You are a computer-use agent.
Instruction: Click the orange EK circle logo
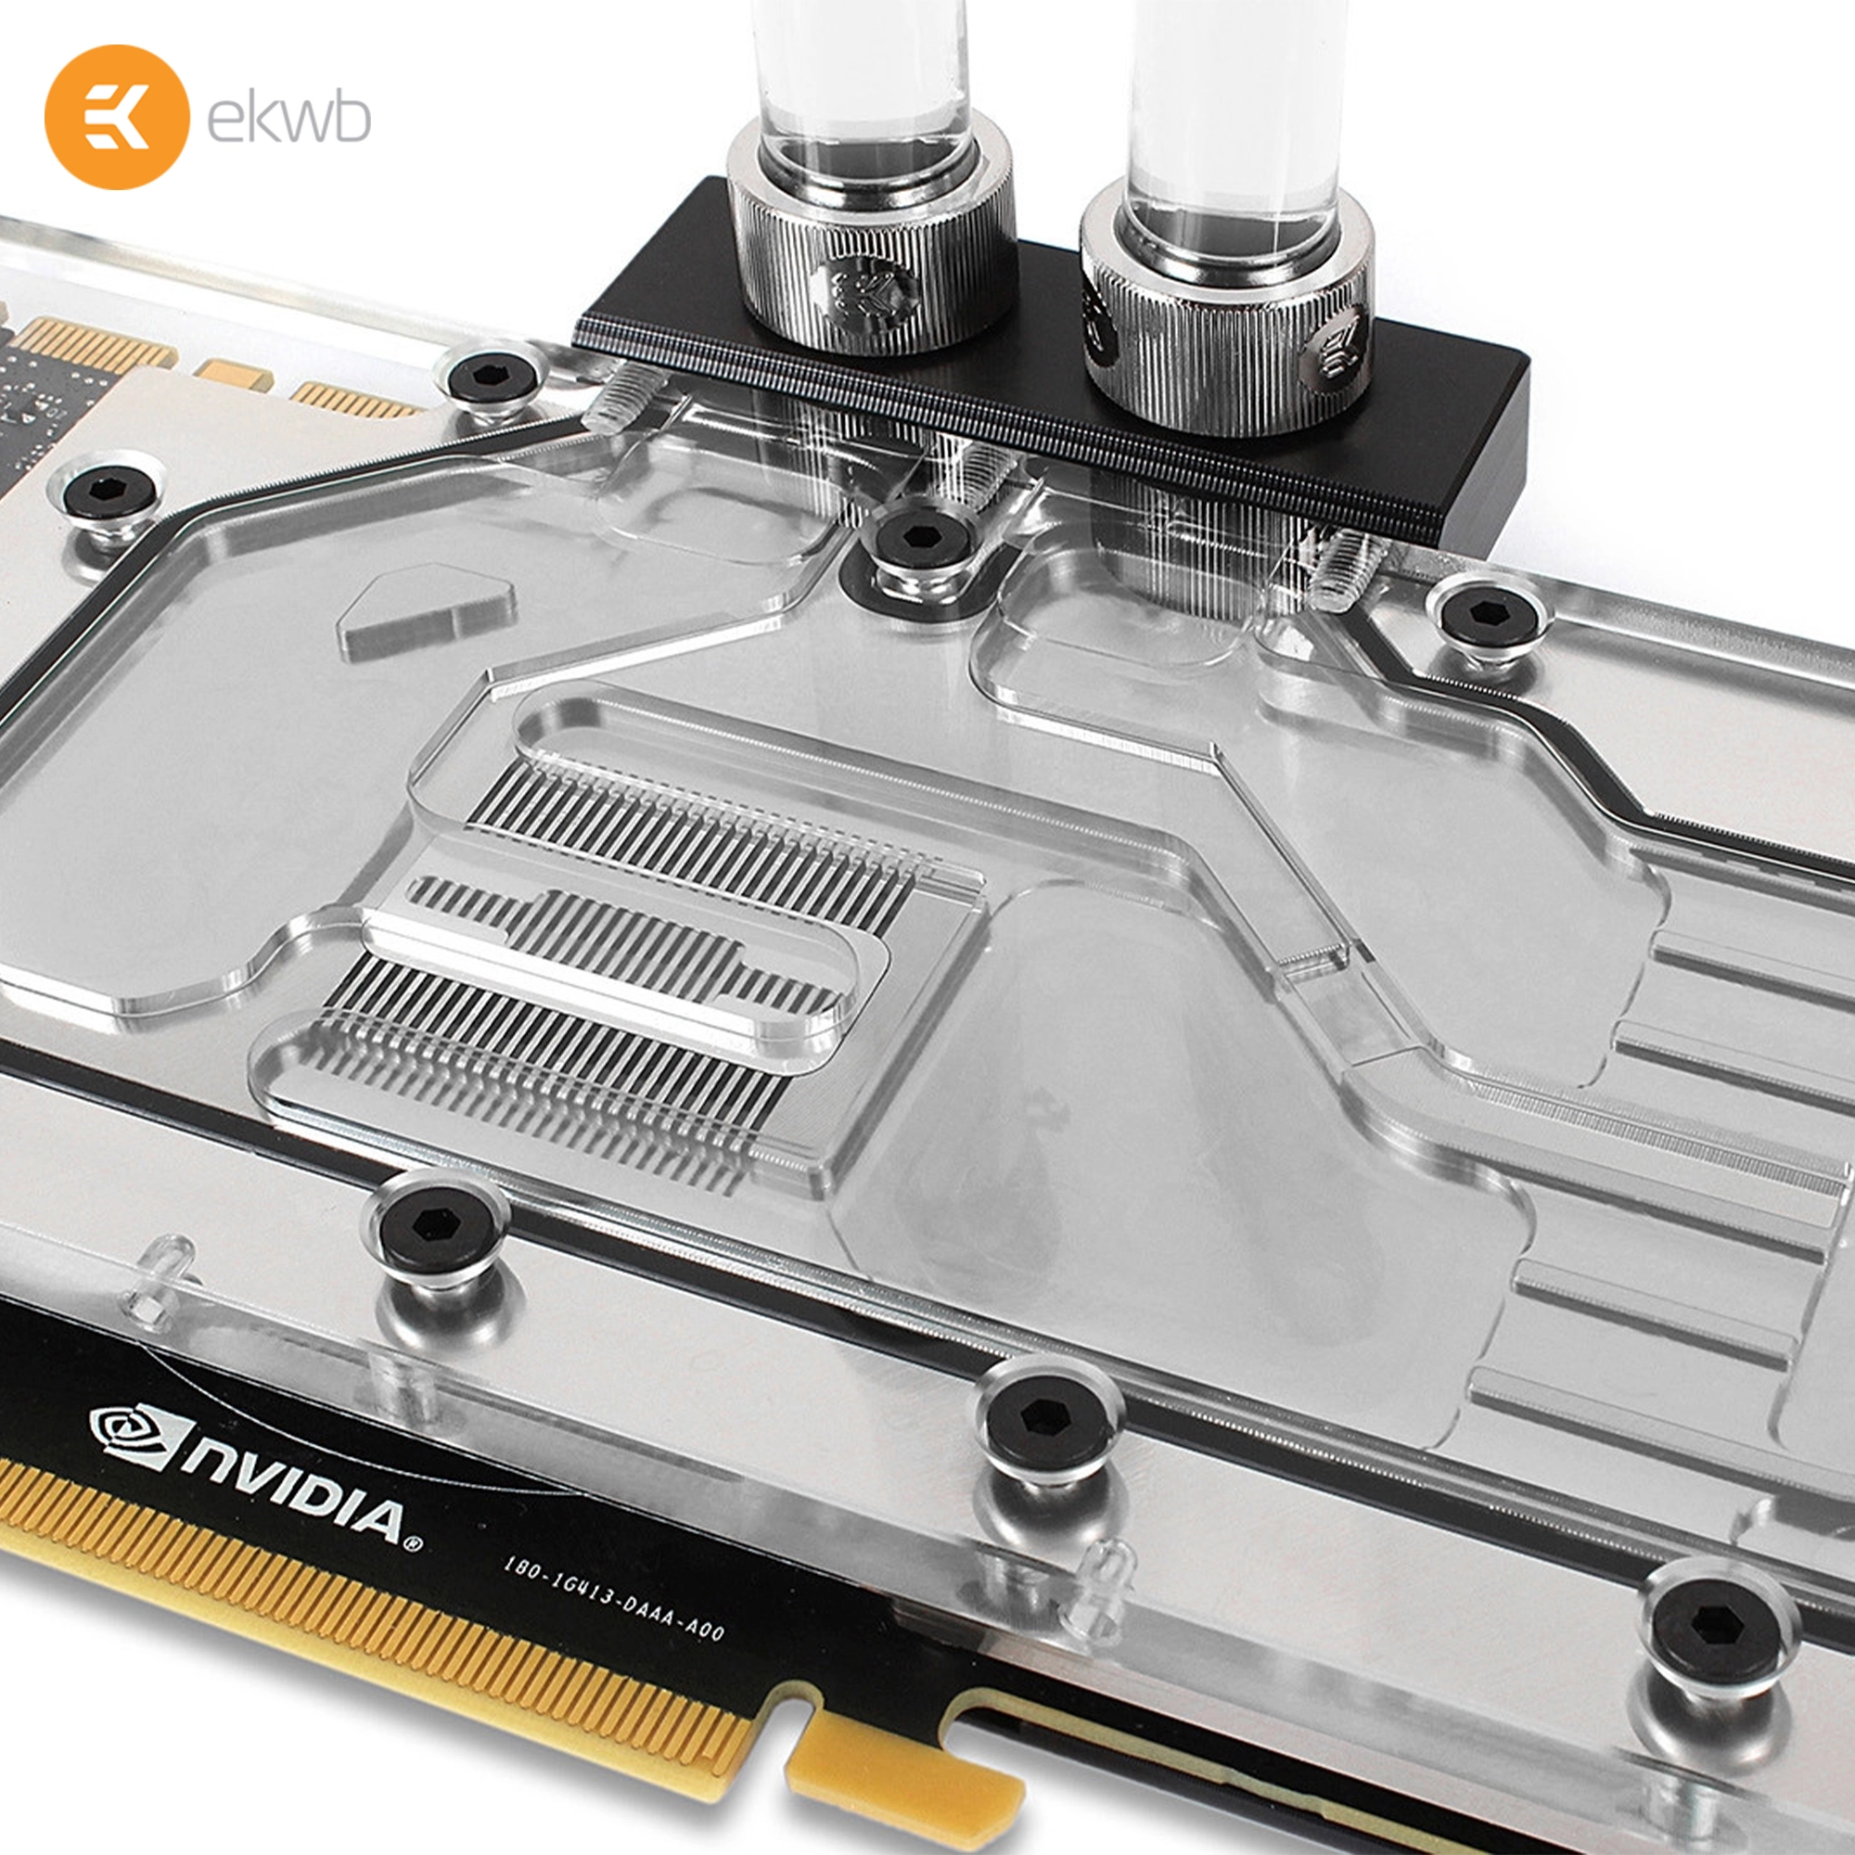pos(116,116)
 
